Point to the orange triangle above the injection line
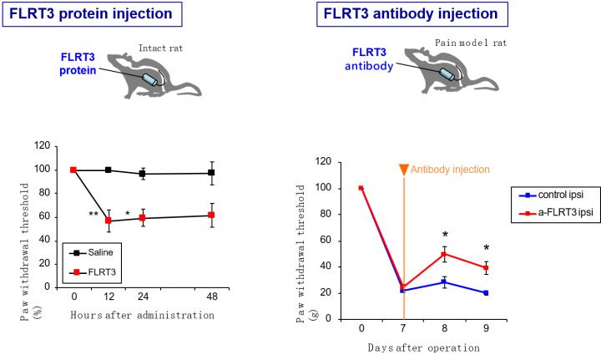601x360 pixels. tap(404, 170)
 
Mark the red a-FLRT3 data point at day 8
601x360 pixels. tap(445, 253)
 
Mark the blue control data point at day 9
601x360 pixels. tap(486, 292)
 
